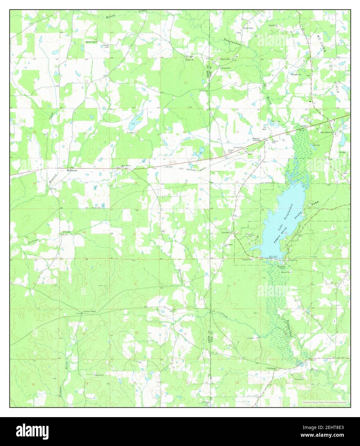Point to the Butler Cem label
click(106, 46)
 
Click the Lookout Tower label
click(90, 311)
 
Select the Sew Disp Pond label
click(282, 267)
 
